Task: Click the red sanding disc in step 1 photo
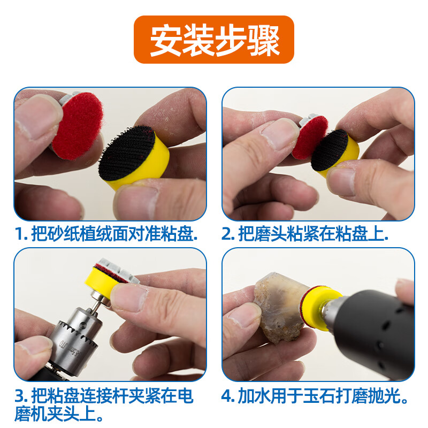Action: (78, 126)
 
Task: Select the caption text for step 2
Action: (305, 234)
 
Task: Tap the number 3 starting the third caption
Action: (20, 396)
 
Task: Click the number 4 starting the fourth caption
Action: (227, 396)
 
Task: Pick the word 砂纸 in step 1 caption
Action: (67, 234)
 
